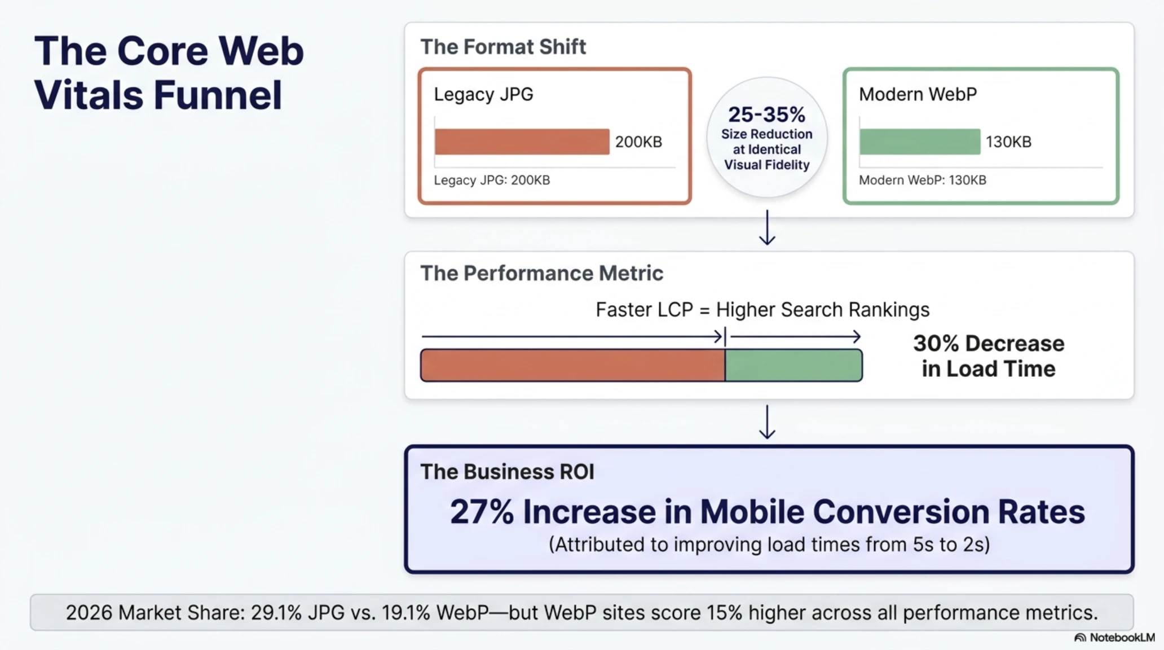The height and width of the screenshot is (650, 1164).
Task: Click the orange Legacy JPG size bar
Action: point(522,142)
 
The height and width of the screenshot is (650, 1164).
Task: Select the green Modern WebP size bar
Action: point(920,142)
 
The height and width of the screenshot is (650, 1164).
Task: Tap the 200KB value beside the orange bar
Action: point(638,142)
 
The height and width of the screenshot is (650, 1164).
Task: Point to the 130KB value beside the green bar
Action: point(1008,142)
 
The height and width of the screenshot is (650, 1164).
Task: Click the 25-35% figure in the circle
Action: point(767,115)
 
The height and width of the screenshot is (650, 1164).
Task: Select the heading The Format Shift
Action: point(503,47)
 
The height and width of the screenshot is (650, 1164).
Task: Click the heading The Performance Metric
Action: point(542,273)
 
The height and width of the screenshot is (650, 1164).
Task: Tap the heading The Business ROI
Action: point(508,472)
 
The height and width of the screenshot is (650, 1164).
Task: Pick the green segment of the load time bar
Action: point(793,365)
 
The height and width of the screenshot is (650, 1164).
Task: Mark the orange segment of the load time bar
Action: point(573,365)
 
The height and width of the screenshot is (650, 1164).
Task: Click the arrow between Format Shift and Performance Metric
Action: point(767,227)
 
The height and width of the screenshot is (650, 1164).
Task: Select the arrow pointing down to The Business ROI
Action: point(767,422)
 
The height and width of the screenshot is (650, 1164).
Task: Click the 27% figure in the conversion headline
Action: point(482,512)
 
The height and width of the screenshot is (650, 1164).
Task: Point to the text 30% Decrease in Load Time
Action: point(989,356)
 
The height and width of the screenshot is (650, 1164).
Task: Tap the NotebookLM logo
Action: point(1114,638)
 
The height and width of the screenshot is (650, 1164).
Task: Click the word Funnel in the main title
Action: point(218,95)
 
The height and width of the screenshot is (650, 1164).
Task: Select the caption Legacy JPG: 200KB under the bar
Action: point(492,181)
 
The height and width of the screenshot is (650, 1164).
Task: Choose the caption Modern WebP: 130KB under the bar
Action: point(923,181)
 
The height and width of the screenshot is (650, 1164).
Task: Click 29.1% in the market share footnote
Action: point(276,613)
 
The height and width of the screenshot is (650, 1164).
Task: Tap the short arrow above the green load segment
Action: point(796,337)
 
